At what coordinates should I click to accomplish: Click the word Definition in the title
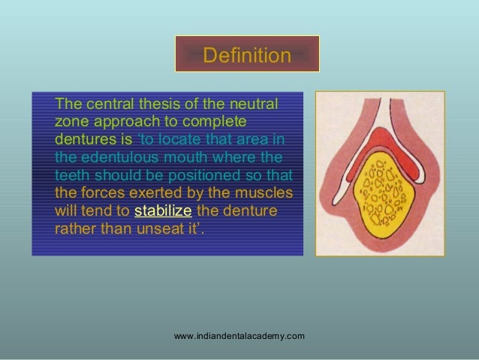(247, 56)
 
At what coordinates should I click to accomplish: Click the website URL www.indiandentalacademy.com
(239, 335)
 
